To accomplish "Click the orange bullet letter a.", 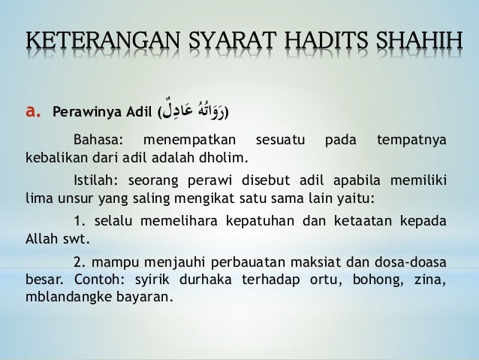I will (33, 113).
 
